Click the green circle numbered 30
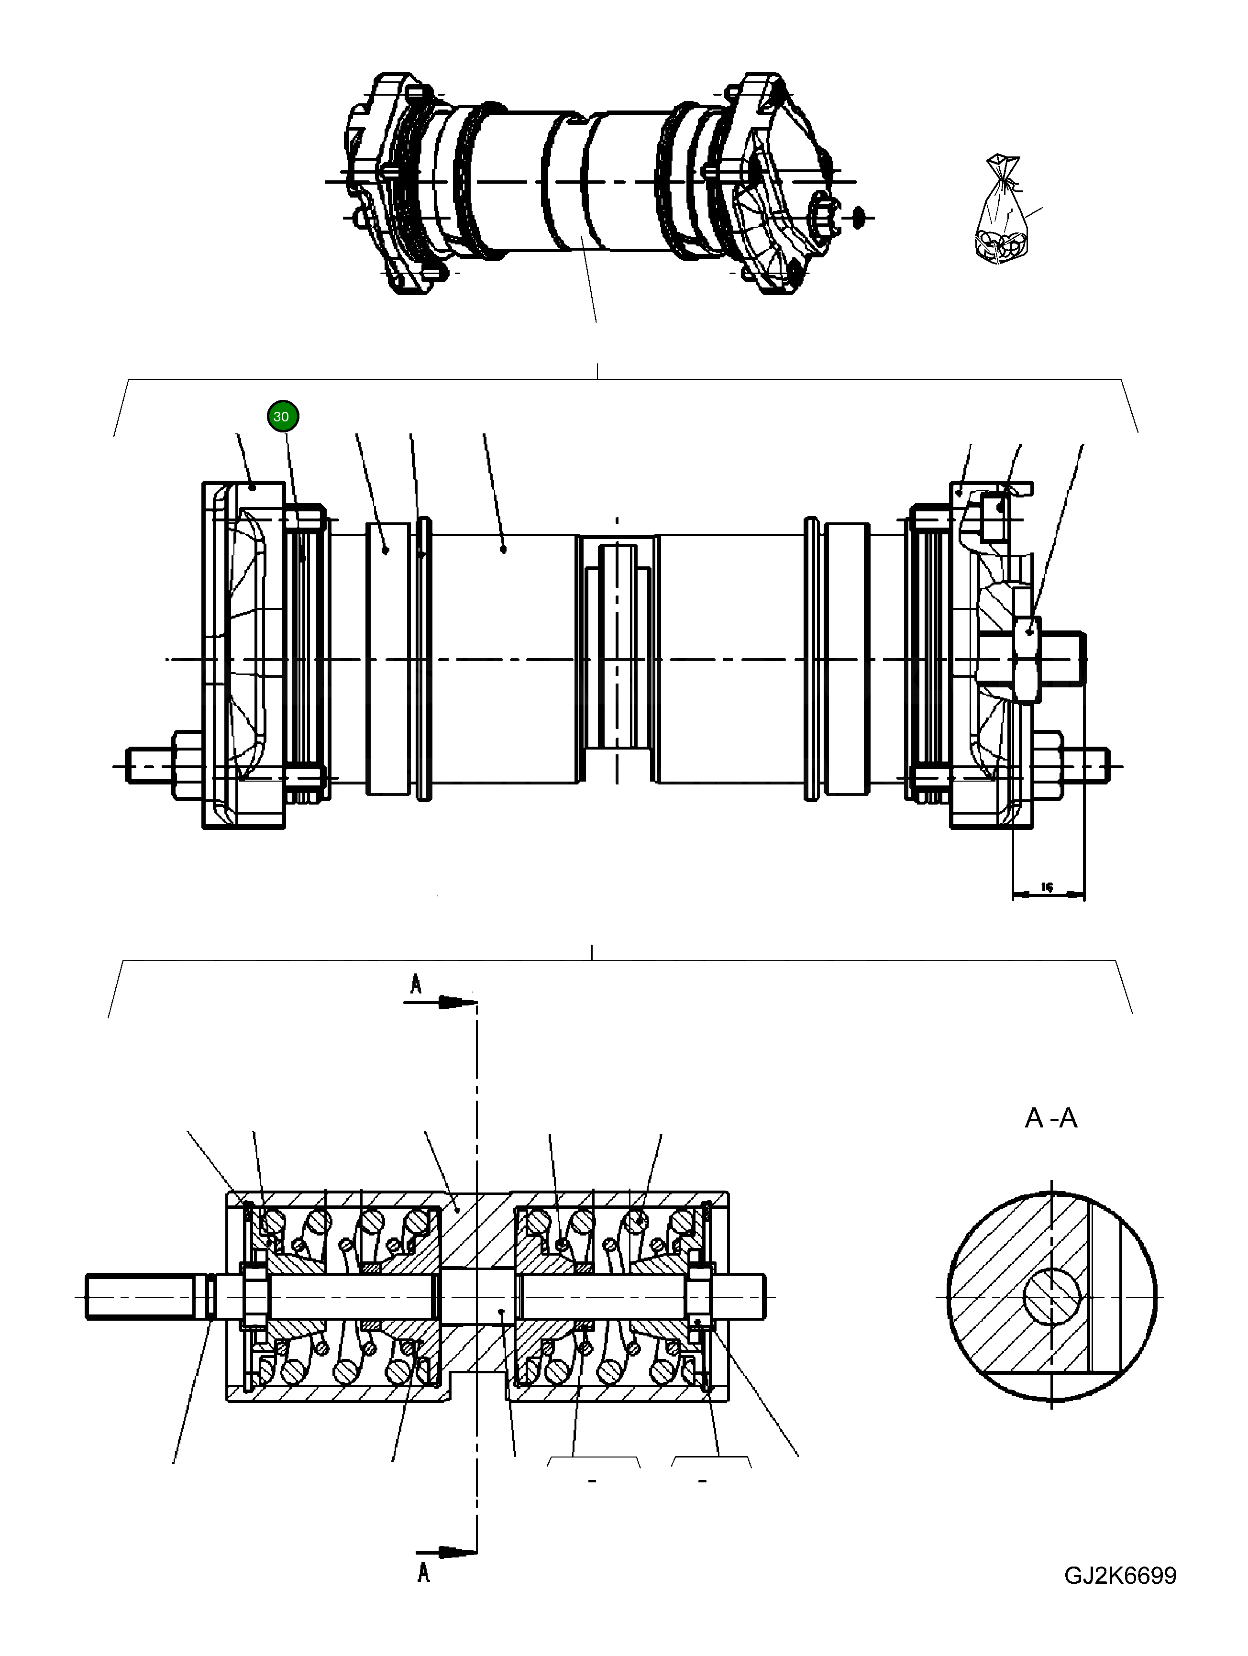click(x=281, y=416)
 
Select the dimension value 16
click(x=1047, y=887)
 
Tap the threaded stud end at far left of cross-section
click(x=142, y=1297)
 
